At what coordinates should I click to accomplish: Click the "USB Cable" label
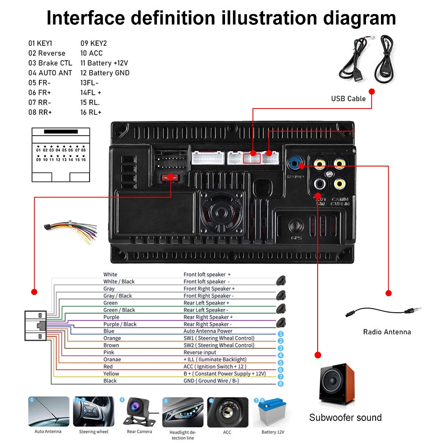(348, 98)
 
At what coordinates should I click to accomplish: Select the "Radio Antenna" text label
(387, 332)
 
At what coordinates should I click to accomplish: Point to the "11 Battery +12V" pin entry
(104, 63)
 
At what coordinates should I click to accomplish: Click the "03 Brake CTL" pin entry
(50, 63)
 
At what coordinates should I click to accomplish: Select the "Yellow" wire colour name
(111, 373)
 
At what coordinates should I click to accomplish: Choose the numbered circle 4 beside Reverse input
(280, 355)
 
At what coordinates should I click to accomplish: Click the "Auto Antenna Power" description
(208, 331)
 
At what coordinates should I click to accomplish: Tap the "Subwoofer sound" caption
(345, 417)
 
